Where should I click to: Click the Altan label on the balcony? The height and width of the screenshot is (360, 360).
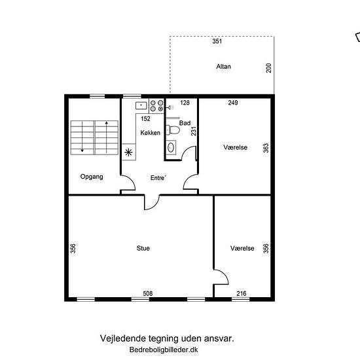(223, 67)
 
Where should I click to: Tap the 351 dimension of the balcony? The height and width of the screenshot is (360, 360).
(217, 41)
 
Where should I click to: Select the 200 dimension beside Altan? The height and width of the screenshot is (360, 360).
(268, 68)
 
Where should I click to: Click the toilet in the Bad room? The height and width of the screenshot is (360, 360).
(173, 130)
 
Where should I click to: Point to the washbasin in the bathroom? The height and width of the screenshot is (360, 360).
(171, 147)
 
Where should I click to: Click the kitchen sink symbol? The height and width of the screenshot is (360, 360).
(141, 106)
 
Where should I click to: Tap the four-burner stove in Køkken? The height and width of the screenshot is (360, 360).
(157, 106)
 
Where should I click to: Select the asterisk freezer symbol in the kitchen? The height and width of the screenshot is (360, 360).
(128, 153)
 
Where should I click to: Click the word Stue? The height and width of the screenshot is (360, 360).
(143, 248)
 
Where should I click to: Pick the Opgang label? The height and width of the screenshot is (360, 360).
(92, 177)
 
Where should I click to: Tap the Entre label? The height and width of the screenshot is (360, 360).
(158, 177)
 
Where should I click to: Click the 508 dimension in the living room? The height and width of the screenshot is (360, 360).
(148, 293)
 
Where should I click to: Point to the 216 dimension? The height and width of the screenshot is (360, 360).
(242, 293)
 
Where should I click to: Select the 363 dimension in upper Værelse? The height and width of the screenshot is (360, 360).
(266, 148)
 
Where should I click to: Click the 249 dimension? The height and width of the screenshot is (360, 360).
(233, 103)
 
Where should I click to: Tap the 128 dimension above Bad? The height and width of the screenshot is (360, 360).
(185, 103)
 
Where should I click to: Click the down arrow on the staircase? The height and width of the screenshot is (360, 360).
(82, 137)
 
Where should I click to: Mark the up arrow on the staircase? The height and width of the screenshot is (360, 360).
(107, 137)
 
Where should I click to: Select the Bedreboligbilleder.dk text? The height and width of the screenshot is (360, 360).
(164, 350)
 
